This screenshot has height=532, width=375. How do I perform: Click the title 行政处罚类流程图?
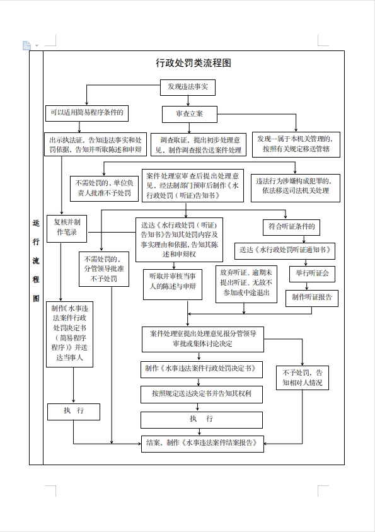[x=193, y=63]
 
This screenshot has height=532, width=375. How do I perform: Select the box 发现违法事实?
[x=188, y=87]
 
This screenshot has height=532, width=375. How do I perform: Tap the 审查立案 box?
[x=189, y=114]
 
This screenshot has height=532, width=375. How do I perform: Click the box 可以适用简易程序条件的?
[x=87, y=113]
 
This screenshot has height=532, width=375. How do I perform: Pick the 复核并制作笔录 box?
[x=67, y=228]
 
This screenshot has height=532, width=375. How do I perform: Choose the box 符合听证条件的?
[x=292, y=228]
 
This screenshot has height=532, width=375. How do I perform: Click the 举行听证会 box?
[x=312, y=274]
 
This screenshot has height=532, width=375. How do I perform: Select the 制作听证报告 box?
[x=312, y=298]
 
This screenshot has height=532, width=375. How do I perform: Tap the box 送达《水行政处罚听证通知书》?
[x=285, y=251]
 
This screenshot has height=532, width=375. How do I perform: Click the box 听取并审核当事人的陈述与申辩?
[x=173, y=284]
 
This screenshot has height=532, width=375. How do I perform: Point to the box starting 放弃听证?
[x=246, y=284]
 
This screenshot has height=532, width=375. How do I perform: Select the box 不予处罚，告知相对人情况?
[x=303, y=378]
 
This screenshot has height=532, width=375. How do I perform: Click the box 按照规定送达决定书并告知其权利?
[x=202, y=394]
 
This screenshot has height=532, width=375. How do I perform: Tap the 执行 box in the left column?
[x=74, y=412]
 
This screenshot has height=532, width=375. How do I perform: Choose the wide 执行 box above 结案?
[x=202, y=420]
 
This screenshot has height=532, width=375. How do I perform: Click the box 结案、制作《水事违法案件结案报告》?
[x=202, y=444]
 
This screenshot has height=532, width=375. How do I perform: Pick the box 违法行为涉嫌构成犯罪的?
[x=296, y=188]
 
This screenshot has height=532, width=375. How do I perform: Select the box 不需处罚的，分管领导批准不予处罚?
[x=104, y=269]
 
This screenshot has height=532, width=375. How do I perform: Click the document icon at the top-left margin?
[x=26, y=45]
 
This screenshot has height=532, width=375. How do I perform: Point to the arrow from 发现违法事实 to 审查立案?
[x=188, y=101]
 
